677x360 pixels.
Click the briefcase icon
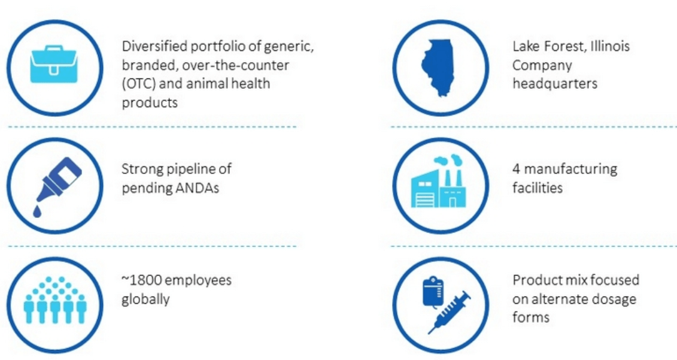tap(54, 64)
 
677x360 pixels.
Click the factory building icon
tap(439, 181)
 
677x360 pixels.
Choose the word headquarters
tap(555, 83)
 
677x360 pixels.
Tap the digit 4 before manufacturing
tap(517, 168)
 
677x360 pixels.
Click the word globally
tap(145, 300)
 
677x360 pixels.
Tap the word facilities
tap(538, 187)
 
